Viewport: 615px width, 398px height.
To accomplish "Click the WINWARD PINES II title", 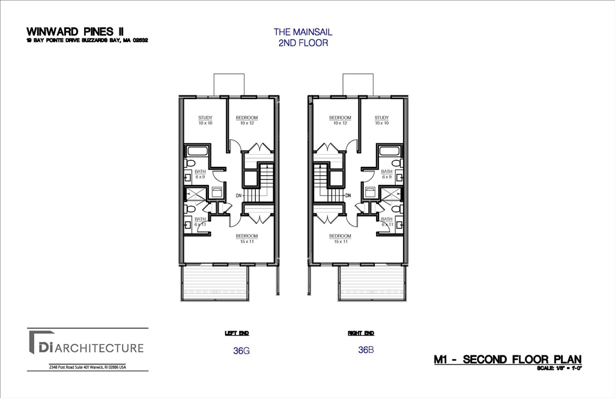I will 75,31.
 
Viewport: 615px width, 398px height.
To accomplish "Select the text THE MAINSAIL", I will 303,32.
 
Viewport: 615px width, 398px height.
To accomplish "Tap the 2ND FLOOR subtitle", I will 303,43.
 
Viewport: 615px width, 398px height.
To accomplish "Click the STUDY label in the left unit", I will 205,118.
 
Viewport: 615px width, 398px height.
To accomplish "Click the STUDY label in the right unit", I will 381,118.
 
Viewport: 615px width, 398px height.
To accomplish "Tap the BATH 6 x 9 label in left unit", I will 200,174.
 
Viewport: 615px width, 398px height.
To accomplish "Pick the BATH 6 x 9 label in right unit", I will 387,174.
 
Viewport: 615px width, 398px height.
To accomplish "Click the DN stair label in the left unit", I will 238,196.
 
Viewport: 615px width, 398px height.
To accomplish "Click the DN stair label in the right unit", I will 348,196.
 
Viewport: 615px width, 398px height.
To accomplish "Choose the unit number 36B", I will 366,350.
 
